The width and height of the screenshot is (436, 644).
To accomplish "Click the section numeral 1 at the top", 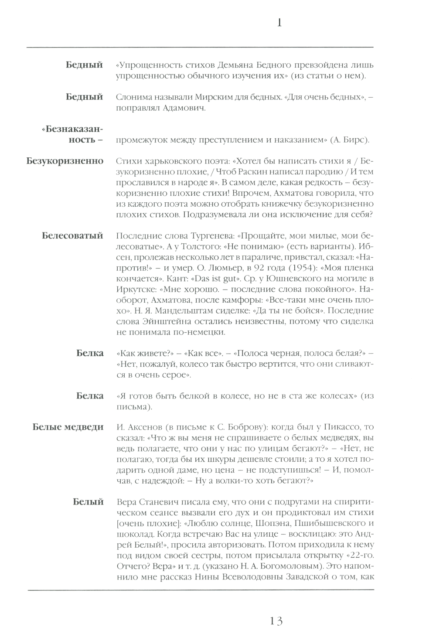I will [x=279, y=23].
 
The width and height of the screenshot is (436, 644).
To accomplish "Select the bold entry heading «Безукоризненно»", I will [x=65, y=161].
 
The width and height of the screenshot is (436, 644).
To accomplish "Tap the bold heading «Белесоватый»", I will [x=72, y=236].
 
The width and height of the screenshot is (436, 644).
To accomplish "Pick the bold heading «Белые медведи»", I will [x=68, y=427].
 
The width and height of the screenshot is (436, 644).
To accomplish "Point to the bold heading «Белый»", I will [x=89, y=502].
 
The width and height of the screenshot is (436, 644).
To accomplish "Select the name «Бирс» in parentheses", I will [x=352, y=140].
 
